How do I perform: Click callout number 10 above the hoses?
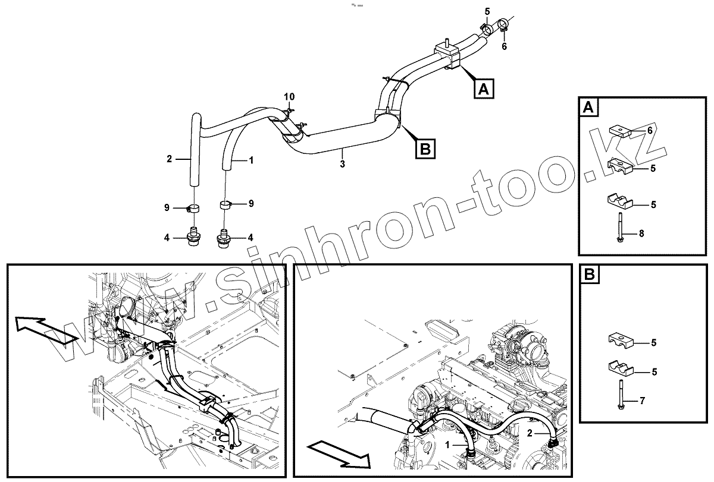289,96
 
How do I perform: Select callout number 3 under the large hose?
342,163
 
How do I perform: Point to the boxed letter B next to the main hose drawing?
425,148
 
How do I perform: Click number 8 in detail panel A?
641,234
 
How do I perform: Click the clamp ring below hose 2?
194,208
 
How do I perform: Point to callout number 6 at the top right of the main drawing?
505,46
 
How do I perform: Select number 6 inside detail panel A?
650,130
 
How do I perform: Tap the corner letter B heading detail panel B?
589,275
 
